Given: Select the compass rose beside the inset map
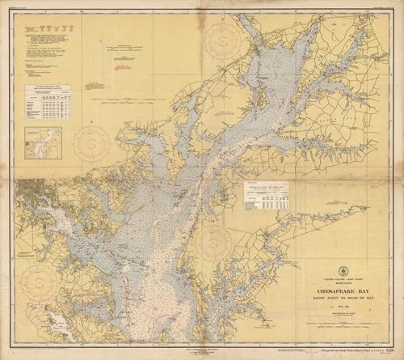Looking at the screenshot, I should point(91,143).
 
